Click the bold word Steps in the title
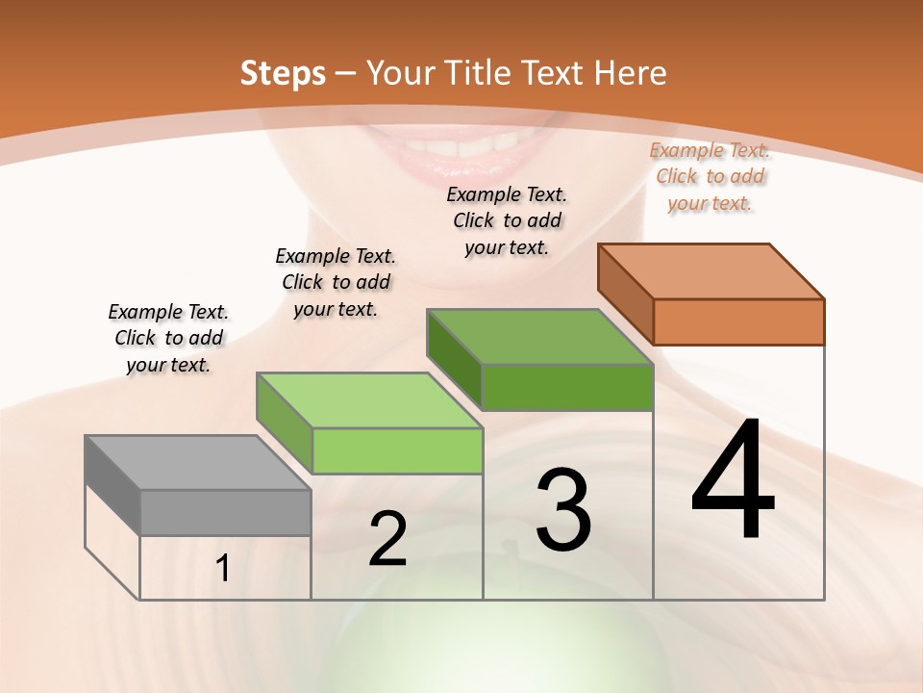tap(283, 73)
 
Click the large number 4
tap(733, 481)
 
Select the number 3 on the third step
tap(563, 510)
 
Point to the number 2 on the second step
tap(387, 539)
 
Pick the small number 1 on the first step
tap(223, 569)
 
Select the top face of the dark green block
tap(539, 337)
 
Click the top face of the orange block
tap(711, 271)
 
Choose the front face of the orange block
tap(738, 321)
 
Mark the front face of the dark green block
tap(567, 387)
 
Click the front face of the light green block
tap(397, 450)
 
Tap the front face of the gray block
tap(225, 512)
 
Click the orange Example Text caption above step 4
tap(711, 176)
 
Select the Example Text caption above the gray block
tap(168, 338)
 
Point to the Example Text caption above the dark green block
tap(507, 220)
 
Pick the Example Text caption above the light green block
tap(336, 282)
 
